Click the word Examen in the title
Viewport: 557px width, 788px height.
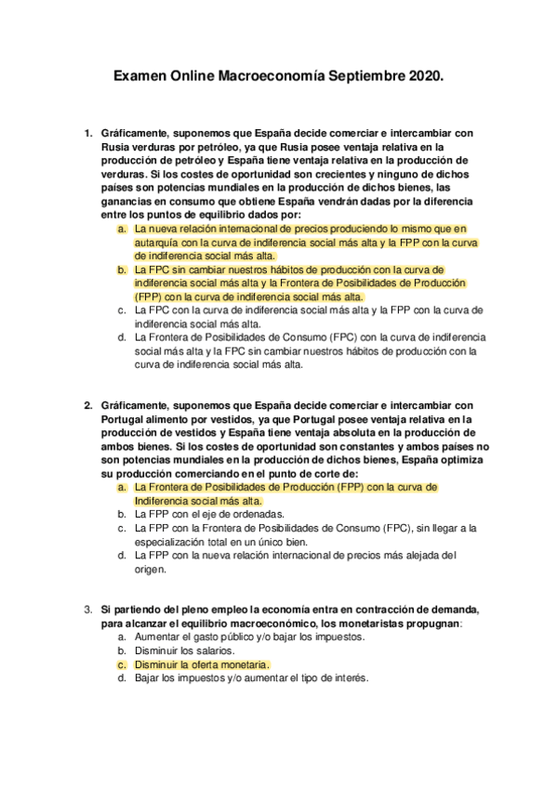click(139, 81)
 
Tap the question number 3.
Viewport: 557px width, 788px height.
click(87, 610)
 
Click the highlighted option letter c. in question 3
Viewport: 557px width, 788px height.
click(122, 664)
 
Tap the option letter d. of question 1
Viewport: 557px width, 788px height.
click(122, 337)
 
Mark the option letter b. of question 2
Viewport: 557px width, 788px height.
click(122, 513)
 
